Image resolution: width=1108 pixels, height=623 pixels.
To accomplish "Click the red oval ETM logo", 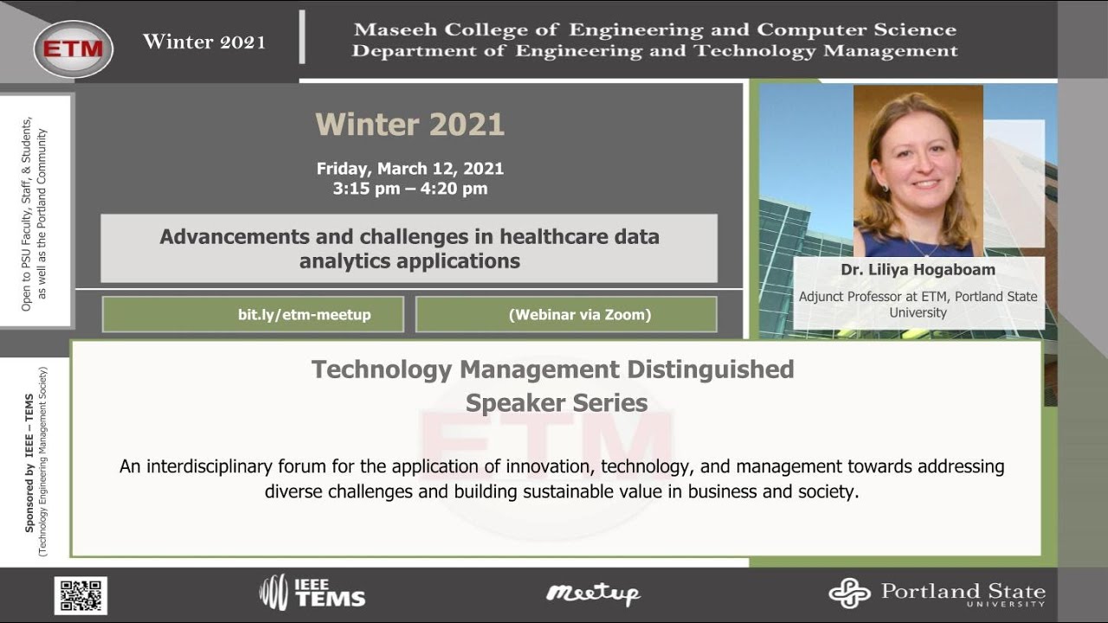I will pos(74,49).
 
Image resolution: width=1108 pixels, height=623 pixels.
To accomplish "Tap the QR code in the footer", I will pos(81,595).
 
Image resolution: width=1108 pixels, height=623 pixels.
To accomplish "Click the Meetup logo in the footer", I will pos(593,594).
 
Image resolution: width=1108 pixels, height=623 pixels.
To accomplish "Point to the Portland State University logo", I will pos(937,594).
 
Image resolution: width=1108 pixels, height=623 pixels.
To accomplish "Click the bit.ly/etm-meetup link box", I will pos(253,315).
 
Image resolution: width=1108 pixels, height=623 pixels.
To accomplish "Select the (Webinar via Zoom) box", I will pos(566,315).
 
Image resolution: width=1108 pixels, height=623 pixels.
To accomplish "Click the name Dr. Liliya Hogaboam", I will pos(918,270).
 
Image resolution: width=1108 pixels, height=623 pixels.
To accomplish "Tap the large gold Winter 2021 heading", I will pos(409,125).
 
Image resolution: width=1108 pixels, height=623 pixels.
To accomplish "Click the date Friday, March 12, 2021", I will pos(409,169).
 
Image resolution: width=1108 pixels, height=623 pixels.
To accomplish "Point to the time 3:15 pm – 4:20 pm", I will pos(409,189).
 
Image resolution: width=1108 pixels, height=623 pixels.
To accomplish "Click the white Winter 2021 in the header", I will pos(204,42).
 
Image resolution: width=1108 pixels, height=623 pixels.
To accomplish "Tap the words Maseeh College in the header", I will pos(415,30).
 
